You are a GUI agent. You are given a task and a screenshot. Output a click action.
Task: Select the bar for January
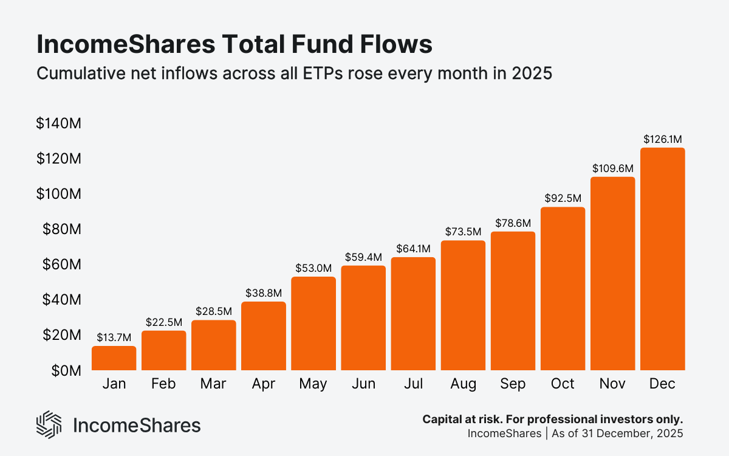coord(114,359)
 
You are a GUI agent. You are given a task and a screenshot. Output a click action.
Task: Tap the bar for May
coord(313,324)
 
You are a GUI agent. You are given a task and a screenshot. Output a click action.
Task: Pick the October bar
coord(563,289)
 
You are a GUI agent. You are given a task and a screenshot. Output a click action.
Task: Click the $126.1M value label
coord(663,139)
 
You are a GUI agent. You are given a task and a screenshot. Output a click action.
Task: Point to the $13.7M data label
coord(114,337)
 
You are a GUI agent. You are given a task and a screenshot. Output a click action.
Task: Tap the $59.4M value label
coord(363,257)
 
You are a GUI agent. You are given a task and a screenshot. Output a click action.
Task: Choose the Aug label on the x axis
coord(463,384)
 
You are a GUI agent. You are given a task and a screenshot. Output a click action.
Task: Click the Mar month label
coord(213,384)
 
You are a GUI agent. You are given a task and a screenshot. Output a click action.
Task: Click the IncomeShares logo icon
coord(49,424)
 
